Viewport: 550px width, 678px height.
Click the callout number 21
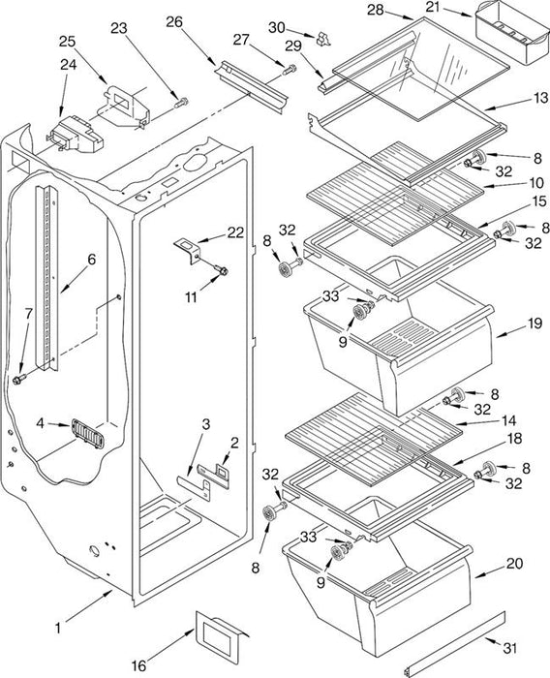coord(433,7)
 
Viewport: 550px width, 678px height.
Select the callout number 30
coord(277,27)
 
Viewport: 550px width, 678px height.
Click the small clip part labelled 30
coord(322,39)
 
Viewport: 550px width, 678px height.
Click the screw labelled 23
coord(181,103)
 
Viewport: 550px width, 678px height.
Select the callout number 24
coord(69,65)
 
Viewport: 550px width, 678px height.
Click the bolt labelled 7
coord(18,380)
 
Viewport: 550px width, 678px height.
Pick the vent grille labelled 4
coord(88,433)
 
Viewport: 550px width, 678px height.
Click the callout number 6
coord(91,259)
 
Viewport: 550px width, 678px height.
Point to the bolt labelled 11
coord(222,270)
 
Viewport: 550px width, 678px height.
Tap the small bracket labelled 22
coord(187,251)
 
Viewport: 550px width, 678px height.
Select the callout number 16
coord(138,665)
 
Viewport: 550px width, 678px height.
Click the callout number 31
coord(509,648)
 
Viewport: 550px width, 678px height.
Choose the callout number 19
coord(535,323)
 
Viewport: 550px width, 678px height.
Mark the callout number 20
coord(514,563)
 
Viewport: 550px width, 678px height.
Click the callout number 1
coord(58,628)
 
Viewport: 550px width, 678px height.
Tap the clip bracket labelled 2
coord(214,475)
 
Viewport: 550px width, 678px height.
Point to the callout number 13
coord(540,98)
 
